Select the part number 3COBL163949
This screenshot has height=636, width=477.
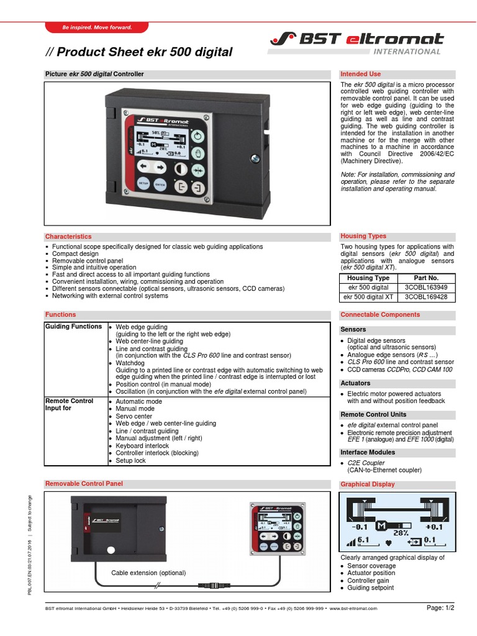click(x=425, y=288)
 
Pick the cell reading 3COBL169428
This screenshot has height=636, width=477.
click(x=425, y=297)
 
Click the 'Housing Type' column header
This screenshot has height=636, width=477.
click(x=368, y=278)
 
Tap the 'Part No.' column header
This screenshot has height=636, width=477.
click(x=425, y=278)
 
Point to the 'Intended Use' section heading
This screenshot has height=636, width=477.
click(x=361, y=74)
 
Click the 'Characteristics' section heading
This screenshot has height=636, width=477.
click(x=68, y=237)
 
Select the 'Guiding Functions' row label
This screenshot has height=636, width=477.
click(x=73, y=327)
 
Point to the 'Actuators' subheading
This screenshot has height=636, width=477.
click(x=355, y=383)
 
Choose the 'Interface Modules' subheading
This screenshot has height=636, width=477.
click(x=368, y=452)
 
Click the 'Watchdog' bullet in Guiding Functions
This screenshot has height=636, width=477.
click(x=130, y=363)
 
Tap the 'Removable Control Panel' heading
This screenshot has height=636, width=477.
click(x=84, y=483)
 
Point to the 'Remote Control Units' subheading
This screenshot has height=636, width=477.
click(x=373, y=414)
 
